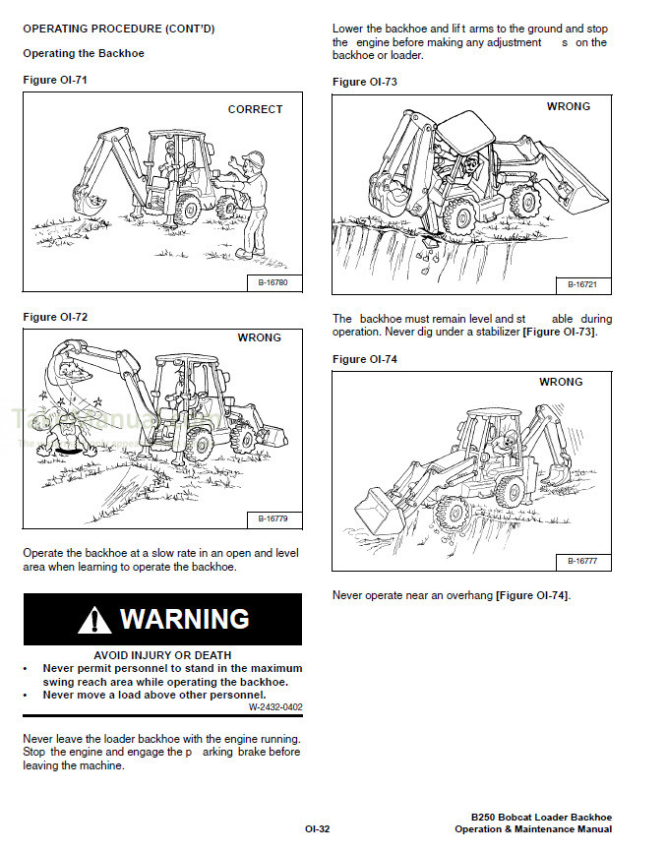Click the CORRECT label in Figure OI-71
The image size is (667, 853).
click(255, 109)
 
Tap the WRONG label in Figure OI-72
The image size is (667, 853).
click(259, 337)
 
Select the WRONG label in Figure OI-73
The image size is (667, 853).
click(568, 106)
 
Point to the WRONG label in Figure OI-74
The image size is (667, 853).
click(561, 382)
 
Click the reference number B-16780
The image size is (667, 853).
click(273, 283)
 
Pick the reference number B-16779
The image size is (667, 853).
click(273, 518)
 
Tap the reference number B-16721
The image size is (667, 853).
click(582, 284)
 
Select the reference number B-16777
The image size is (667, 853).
click(582, 561)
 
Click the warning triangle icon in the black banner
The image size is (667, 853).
click(94, 620)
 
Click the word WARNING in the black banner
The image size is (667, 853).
click(184, 619)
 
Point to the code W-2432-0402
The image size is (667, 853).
click(275, 706)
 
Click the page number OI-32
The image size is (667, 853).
click(317, 829)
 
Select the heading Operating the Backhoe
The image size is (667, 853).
click(84, 53)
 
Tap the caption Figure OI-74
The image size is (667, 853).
click(365, 359)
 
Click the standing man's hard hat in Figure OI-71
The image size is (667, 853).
click(253, 157)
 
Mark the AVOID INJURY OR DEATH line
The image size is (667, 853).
click(162, 654)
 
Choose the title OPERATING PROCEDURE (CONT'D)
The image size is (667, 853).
click(118, 29)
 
